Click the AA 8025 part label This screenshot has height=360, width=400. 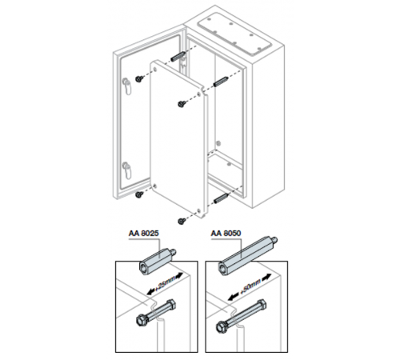[143, 234]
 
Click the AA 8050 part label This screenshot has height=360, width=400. [226, 234]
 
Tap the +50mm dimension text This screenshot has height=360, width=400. [250, 287]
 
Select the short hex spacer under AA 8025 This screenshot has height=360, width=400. [158, 262]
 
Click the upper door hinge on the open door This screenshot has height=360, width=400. [127, 86]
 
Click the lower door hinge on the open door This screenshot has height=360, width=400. [127, 170]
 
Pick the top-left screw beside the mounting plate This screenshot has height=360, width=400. [139, 78]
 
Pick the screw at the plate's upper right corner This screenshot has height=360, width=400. [182, 103]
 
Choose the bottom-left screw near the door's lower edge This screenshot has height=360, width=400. [139, 194]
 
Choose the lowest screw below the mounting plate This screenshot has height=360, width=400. [182, 221]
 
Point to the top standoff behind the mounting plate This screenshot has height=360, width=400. [177, 56]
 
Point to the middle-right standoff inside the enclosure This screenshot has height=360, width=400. [221, 81]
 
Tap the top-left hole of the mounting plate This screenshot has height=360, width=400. [155, 70]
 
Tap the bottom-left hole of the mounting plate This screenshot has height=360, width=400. [155, 186]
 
